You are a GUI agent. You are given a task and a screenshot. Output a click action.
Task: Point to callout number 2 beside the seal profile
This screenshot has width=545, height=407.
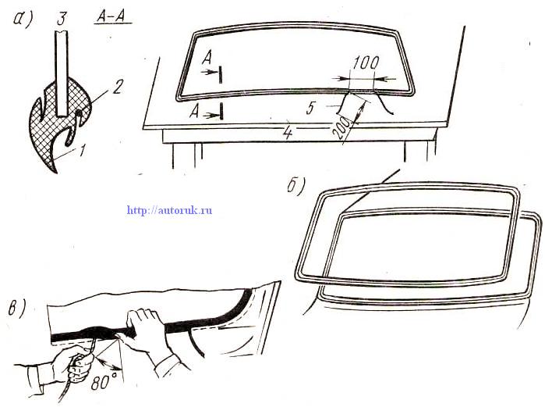point(117,87)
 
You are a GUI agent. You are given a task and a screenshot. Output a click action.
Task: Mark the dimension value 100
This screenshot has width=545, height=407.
point(366,63)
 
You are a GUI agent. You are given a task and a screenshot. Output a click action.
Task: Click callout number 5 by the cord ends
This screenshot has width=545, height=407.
point(310,108)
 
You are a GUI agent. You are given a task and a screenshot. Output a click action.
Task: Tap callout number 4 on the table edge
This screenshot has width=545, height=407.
point(288,134)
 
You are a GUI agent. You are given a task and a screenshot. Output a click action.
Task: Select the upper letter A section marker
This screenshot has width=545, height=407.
point(207,58)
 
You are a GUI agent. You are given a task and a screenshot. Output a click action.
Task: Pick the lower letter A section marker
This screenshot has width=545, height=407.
point(195,112)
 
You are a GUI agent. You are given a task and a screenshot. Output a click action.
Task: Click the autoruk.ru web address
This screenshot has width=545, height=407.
point(170,210)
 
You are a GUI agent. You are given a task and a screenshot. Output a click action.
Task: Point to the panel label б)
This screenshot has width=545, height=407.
point(296,186)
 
